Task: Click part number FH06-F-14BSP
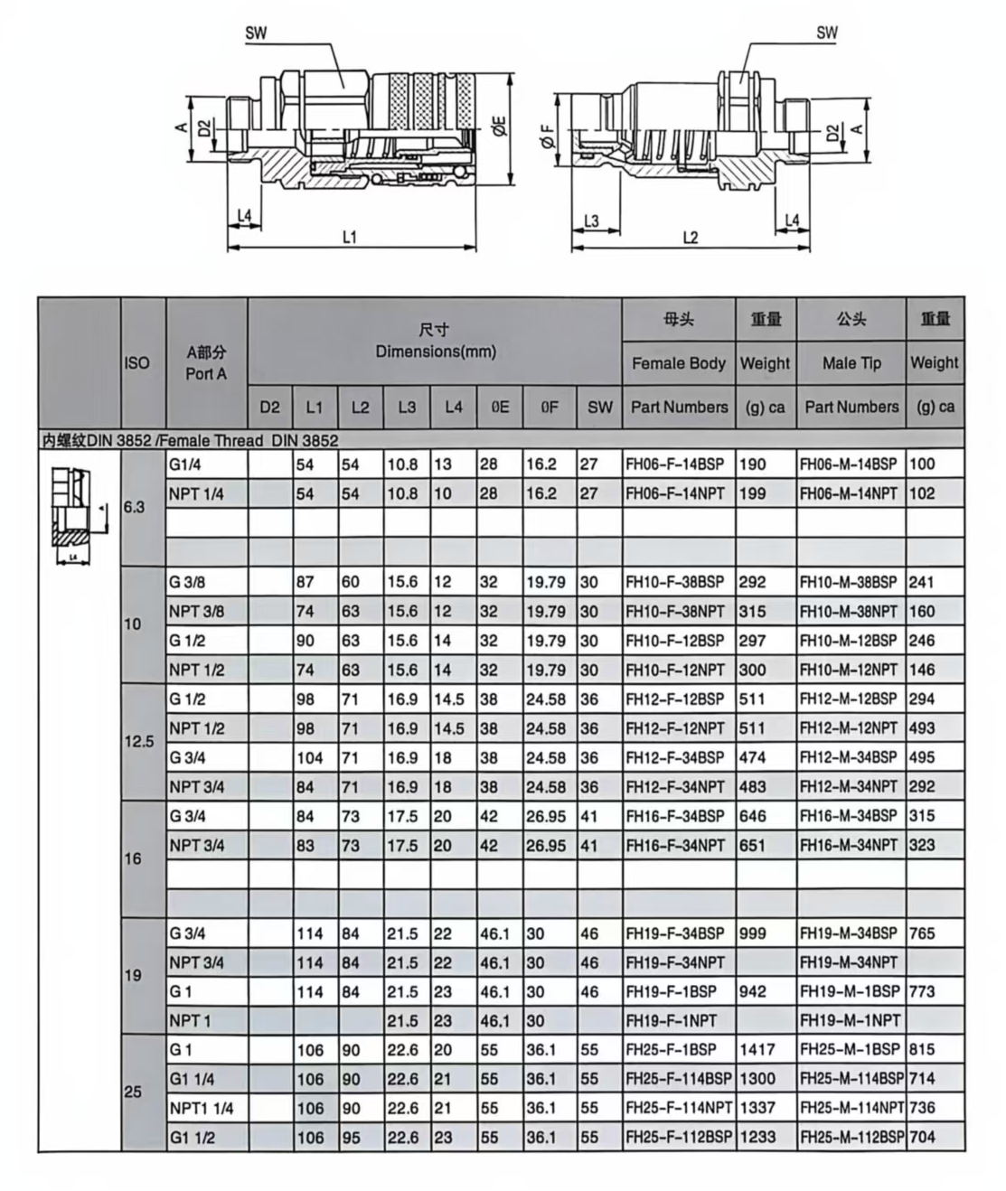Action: pyautogui.click(x=675, y=464)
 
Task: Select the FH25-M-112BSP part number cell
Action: pyautogui.click(x=851, y=1137)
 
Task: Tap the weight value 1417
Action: pyautogui.click(x=757, y=1049)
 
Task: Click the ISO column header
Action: pyautogui.click(x=137, y=363)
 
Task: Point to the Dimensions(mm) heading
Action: pyautogui.click(x=435, y=352)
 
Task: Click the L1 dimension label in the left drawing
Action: pyautogui.click(x=350, y=237)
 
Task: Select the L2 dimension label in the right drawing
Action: pyautogui.click(x=690, y=238)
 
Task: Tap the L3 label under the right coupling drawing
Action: pyautogui.click(x=591, y=220)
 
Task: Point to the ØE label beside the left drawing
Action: pyautogui.click(x=499, y=127)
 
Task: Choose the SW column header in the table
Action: pyautogui.click(x=599, y=408)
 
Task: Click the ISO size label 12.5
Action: pyautogui.click(x=139, y=742)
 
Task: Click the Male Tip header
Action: pyautogui.click(x=851, y=363)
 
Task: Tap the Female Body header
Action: pyautogui.click(x=679, y=363)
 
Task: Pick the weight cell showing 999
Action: pyautogui.click(x=753, y=933)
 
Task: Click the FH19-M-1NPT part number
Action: pyautogui.click(x=850, y=1020)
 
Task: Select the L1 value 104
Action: pyautogui.click(x=309, y=757)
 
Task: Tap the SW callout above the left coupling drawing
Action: pyautogui.click(x=256, y=33)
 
